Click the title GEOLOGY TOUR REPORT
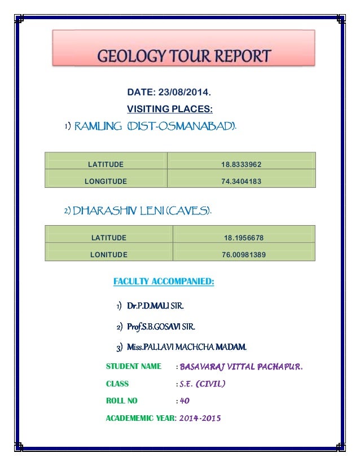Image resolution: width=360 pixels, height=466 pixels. (185, 57)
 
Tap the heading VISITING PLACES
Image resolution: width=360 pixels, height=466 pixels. (169, 108)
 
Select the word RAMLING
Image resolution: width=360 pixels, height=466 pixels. (98, 125)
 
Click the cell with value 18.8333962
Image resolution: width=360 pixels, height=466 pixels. (241, 165)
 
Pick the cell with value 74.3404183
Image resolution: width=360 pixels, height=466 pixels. (241, 182)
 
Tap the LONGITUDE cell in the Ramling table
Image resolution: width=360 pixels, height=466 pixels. (106, 182)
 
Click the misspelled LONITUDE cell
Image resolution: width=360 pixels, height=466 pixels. (109, 255)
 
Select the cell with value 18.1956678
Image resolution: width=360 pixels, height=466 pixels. (244, 238)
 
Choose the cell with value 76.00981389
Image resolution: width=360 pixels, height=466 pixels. (244, 255)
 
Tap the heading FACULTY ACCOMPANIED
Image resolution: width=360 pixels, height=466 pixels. (164, 281)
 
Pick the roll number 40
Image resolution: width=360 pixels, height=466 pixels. (185, 401)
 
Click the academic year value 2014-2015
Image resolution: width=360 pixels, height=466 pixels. (200, 418)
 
